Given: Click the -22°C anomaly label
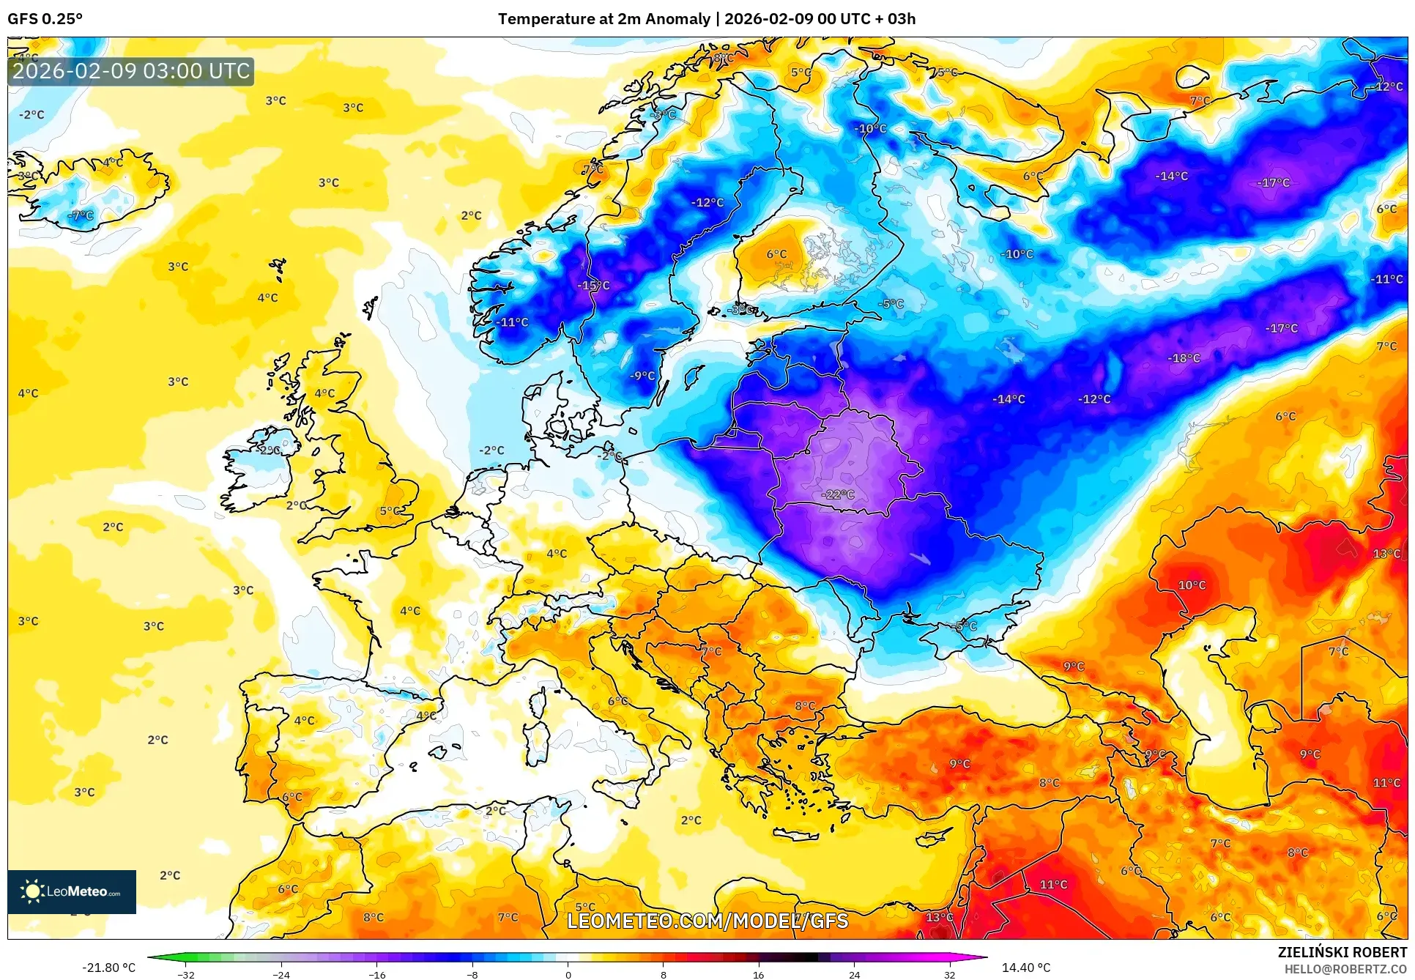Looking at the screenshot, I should pos(838,494).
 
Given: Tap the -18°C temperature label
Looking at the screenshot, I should pos(1184,358).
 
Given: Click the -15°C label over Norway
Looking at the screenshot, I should pos(593,286).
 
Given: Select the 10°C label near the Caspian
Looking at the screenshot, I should pos(1192,585).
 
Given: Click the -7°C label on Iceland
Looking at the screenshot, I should pos(81,215).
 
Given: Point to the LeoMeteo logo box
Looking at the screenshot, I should pos(72,891).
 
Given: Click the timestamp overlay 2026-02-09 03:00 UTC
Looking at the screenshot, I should pos(131,71).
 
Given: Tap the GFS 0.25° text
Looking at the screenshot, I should pos(45,19).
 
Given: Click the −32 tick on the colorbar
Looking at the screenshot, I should pos(186,974).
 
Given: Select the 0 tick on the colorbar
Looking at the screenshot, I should pos(568,974).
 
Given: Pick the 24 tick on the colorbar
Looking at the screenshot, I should pos(854,974).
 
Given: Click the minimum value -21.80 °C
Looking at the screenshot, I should pos(108,968).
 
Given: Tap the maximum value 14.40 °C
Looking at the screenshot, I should pos(1025,968).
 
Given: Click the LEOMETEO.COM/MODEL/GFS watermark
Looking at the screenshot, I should pos(707,921).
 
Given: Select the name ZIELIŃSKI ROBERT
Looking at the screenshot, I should pos(1342,952).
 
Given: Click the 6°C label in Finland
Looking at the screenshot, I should pos(776,254).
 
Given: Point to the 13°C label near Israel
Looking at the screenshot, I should pos(940,917).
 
